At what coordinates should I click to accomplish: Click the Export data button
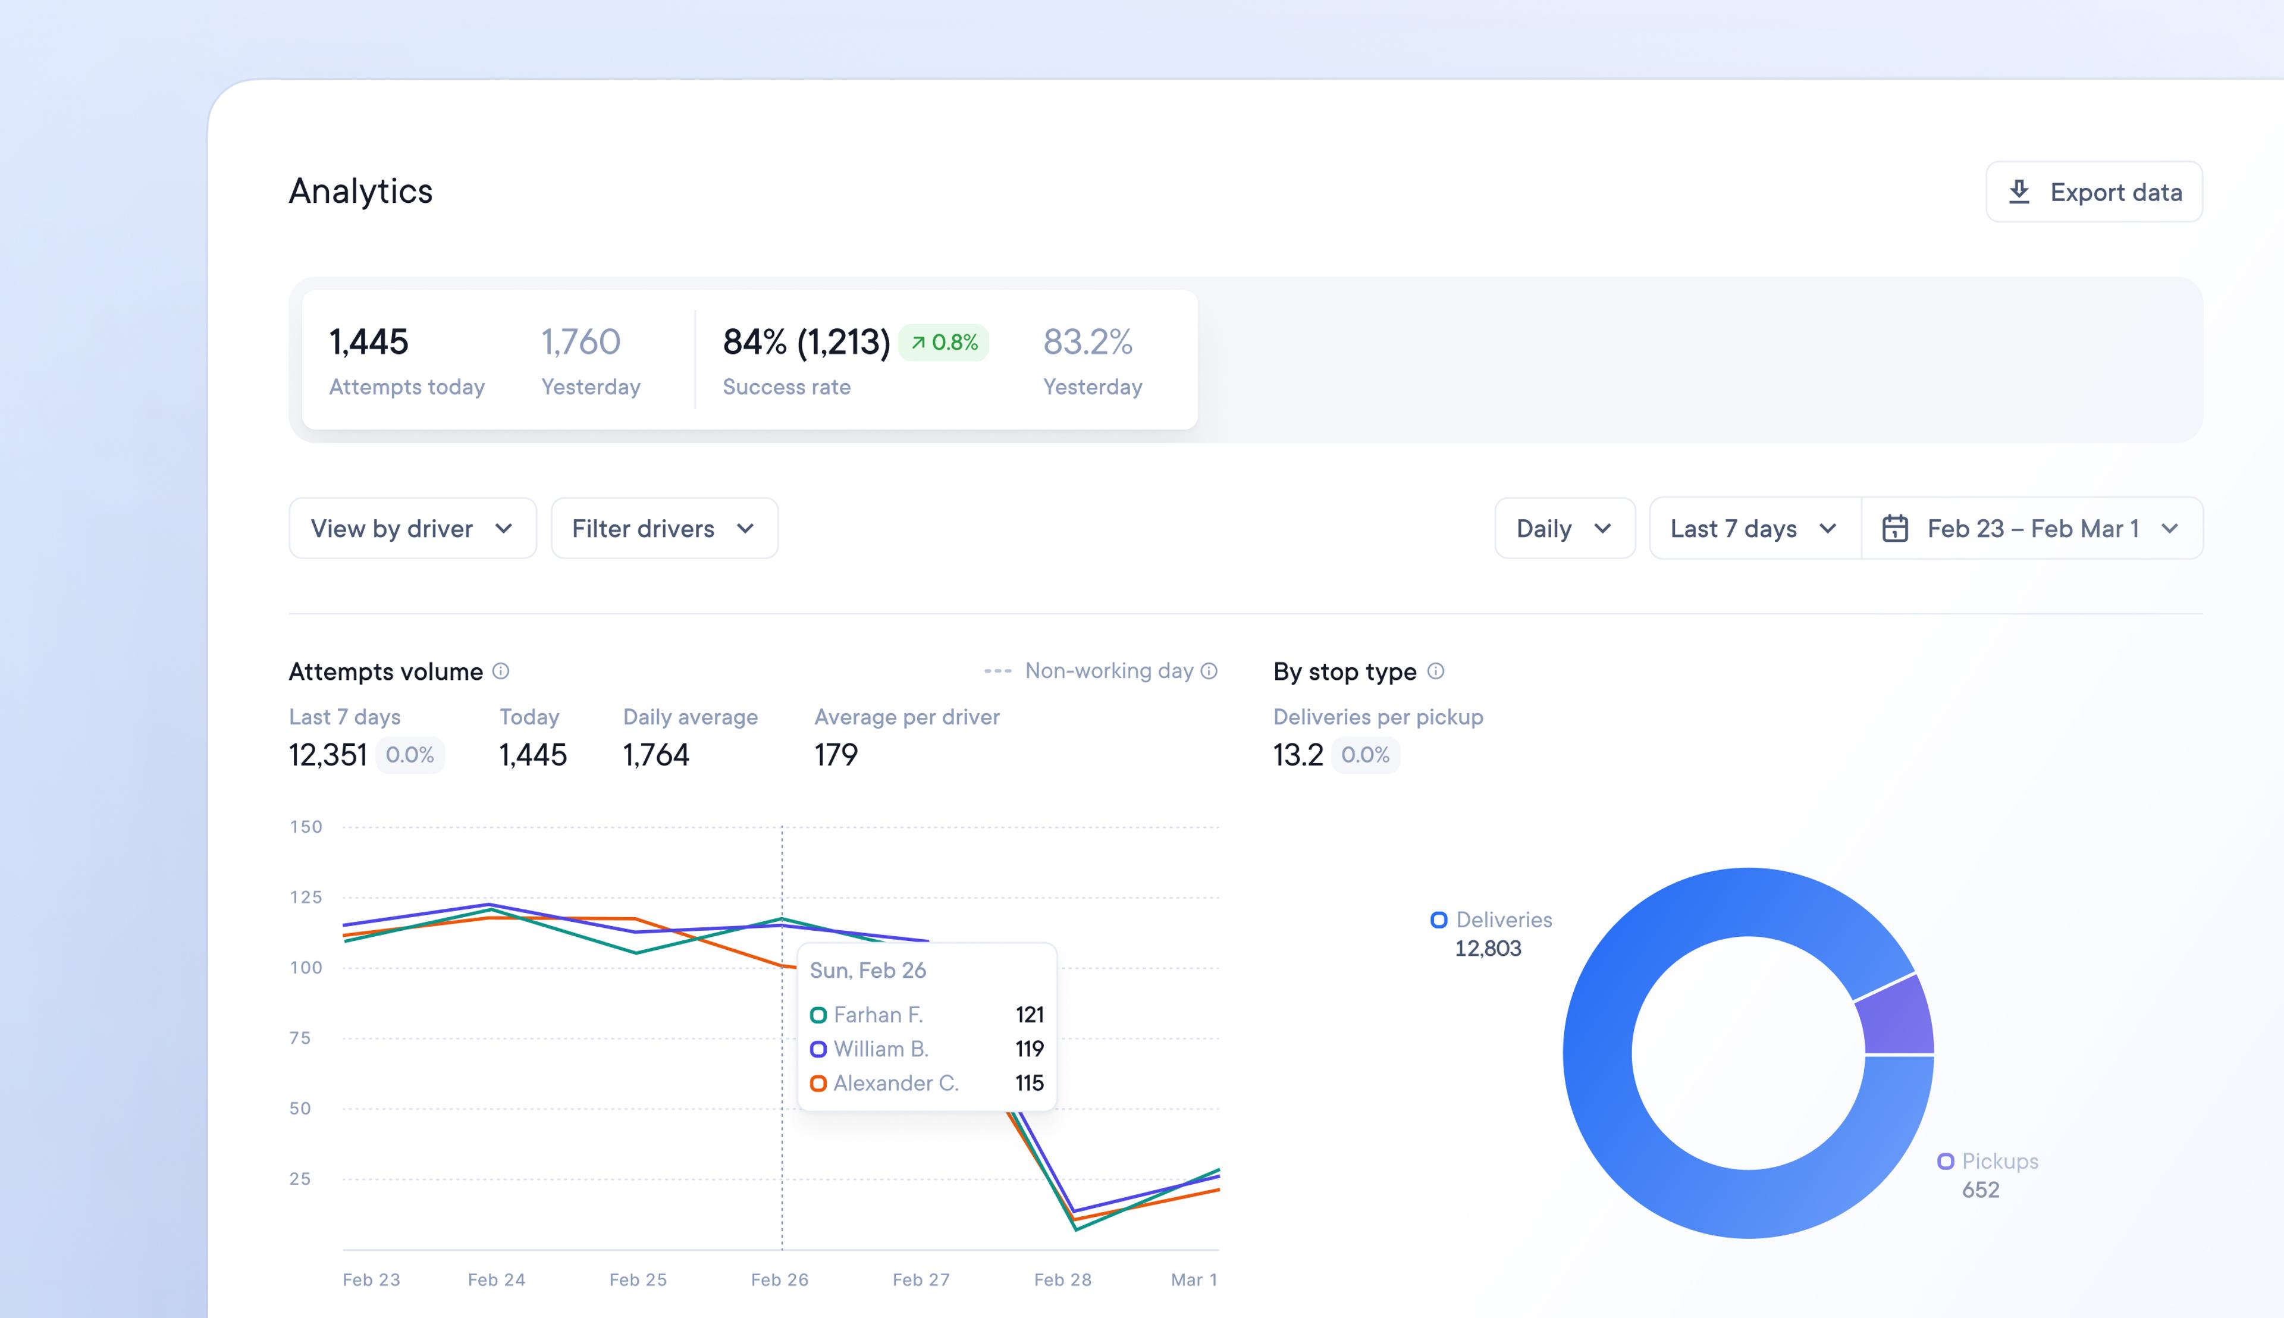pos(2093,192)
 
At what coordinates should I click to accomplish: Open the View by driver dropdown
pos(412,529)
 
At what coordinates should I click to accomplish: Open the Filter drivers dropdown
pos(664,529)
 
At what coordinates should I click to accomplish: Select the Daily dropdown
pos(1563,529)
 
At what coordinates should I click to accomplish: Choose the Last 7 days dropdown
pos(1753,529)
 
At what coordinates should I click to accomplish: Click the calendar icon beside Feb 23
pos(1895,529)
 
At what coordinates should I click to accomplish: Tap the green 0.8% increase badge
pos(943,342)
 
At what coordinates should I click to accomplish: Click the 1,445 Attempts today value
pos(368,342)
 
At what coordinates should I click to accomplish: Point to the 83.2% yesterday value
pos(1087,342)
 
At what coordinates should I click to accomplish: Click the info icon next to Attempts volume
pos(501,671)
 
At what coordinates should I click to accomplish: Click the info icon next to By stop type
pos(1436,671)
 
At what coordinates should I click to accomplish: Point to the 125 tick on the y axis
pos(306,897)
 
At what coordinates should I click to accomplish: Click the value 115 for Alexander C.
pos(1030,1082)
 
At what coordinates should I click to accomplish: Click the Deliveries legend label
pos(1503,920)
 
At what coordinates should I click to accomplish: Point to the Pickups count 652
pos(1980,1190)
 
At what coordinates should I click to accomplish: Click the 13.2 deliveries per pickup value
pos(1297,755)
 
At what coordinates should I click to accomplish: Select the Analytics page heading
pos(360,191)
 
